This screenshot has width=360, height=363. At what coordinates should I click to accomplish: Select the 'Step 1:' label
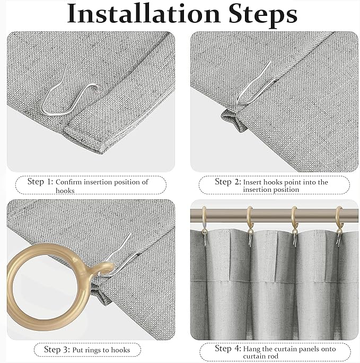click(40, 182)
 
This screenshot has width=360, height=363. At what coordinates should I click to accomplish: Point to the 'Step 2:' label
click(227, 182)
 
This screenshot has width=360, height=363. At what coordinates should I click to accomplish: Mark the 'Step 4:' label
click(227, 348)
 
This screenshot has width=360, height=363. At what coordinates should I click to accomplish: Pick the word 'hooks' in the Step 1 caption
click(65, 190)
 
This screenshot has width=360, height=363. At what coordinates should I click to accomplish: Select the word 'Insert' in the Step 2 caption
click(253, 182)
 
